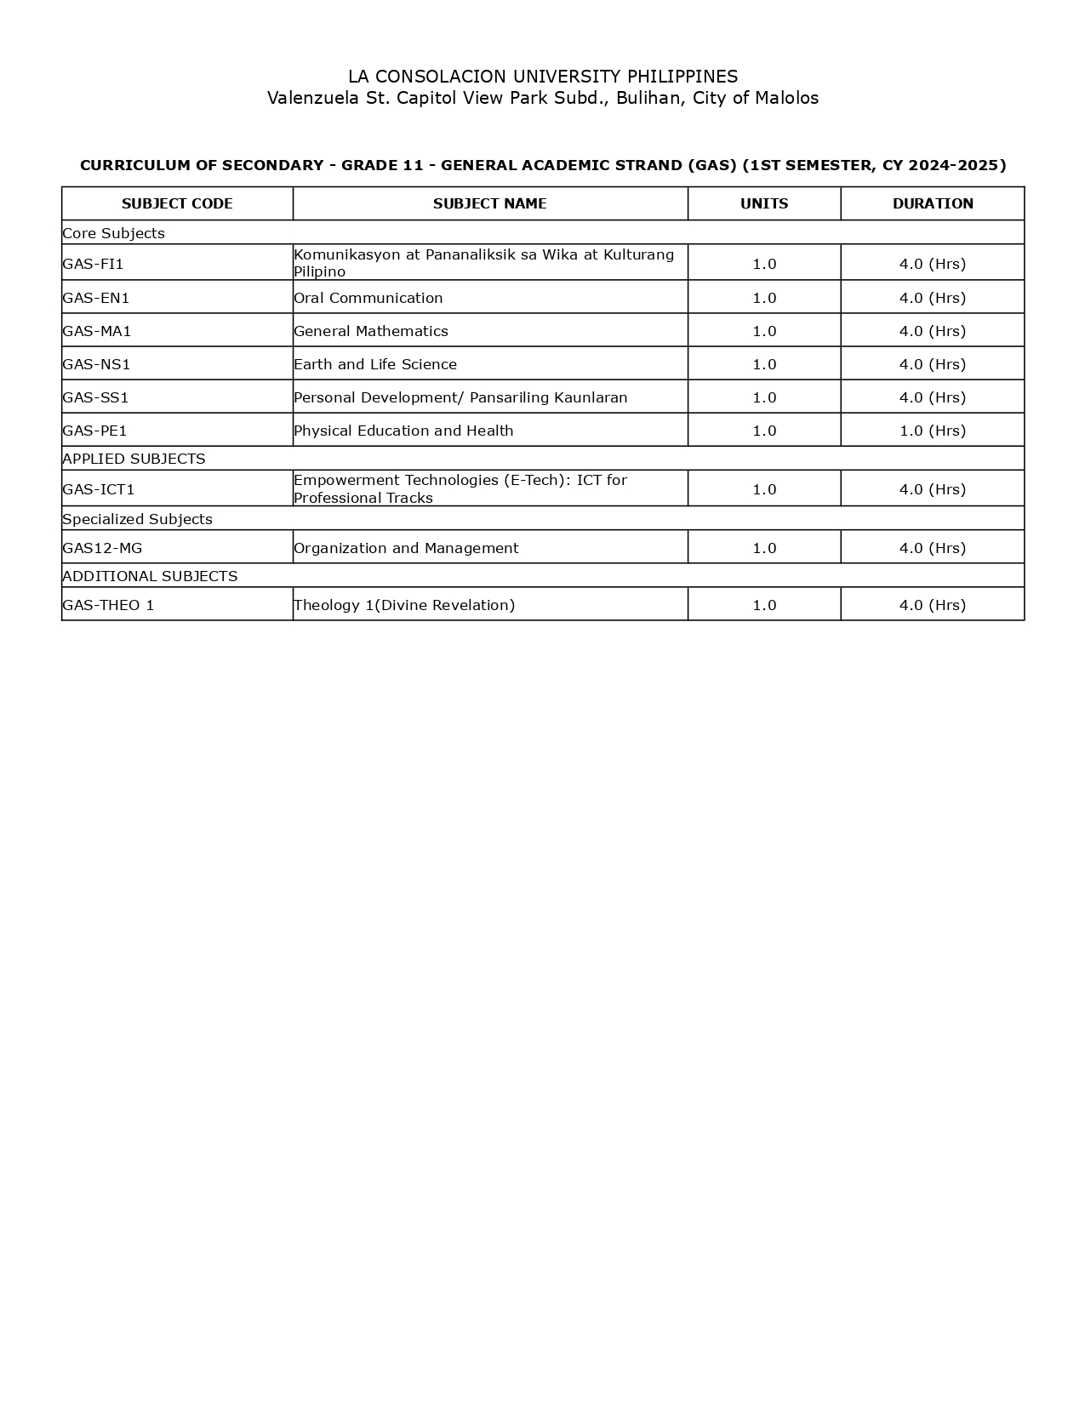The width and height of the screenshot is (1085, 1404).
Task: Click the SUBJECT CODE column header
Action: pyautogui.click(x=177, y=203)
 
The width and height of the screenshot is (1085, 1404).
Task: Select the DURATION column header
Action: pyautogui.click(x=933, y=203)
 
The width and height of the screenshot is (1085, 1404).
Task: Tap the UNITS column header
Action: pyautogui.click(x=764, y=203)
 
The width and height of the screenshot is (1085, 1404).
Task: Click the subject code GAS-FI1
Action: pyautogui.click(x=94, y=264)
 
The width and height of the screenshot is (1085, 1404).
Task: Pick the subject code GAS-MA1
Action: pyautogui.click(x=97, y=331)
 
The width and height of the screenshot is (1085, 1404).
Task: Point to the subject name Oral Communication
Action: pyautogui.click(x=368, y=298)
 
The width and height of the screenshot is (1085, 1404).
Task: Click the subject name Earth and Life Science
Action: pyautogui.click(x=375, y=364)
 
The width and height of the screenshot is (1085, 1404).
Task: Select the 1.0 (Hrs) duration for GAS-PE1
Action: pyautogui.click(x=933, y=431)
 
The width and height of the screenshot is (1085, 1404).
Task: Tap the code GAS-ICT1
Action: pyautogui.click(x=99, y=489)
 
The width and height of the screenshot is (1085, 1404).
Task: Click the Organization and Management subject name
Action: pyautogui.click(x=406, y=548)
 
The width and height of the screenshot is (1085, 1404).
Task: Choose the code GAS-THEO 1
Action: pyautogui.click(x=108, y=605)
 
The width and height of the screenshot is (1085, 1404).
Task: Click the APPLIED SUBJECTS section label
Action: pyautogui.click(x=134, y=459)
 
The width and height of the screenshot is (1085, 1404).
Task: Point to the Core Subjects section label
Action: pyautogui.click(x=113, y=233)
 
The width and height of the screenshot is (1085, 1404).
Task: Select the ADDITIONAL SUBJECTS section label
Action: pyautogui.click(x=150, y=576)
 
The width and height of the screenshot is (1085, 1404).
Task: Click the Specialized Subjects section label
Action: pyautogui.click(x=137, y=519)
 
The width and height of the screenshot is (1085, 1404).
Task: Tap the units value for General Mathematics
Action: pyautogui.click(x=764, y=331)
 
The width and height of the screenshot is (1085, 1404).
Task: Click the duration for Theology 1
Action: pyautogui.click(x=933, y=605)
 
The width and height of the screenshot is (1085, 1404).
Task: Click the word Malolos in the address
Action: pyautogui.click(x=787, y=98)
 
